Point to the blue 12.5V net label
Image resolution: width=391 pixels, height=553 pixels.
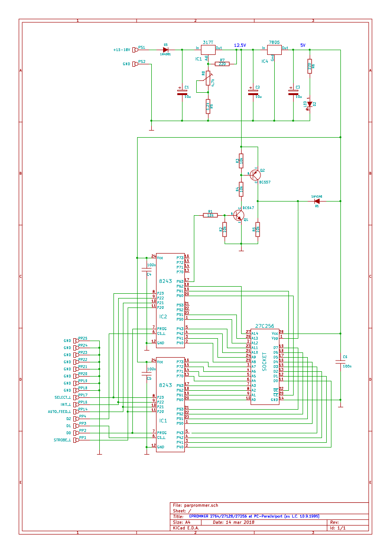click(240, 45)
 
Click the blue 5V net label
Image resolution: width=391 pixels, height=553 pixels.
click(303, 45)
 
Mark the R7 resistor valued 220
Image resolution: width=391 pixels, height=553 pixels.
click(222, 64)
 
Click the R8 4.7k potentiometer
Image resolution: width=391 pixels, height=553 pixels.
click(208, 79)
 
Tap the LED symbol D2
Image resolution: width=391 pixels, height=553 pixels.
click(310, 104)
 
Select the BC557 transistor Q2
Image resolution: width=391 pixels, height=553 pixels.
click(256, 174)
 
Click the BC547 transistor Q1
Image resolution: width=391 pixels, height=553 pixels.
click(240, 216)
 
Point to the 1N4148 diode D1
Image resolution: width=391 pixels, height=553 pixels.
click(317, 201)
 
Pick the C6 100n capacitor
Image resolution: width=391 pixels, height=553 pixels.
click(340, 362)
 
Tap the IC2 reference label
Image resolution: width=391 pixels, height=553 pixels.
click(163, 316)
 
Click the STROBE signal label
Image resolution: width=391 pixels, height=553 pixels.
click(62, 440)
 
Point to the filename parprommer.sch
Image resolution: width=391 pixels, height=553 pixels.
click(201, 505)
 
